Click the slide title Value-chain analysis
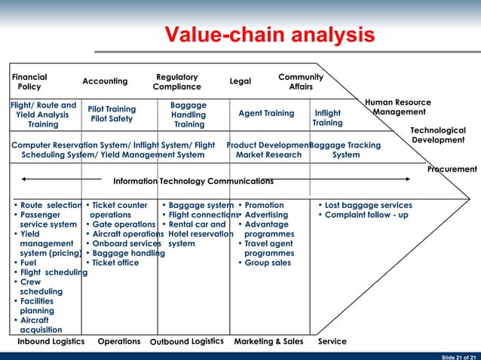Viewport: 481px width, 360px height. pyautogui.click(x=270, y=35)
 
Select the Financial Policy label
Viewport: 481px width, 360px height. pyautogui.click(x=29, y=82)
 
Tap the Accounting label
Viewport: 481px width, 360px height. pyautogui.click(x=105, y=81)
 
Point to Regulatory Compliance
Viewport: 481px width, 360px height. pyautogui.click(x=176, y=82)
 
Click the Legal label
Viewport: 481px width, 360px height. pyautogui.click(x=240, y=81)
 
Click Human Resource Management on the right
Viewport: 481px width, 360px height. pyautogui.click(x=397, y=107)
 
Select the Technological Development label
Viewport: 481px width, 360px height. pyautogui.click(x=437, y=136)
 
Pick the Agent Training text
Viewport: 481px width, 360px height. pyautogui.click(x=266, y=114)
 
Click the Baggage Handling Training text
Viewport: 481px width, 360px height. pyautogui.click(x=188, y=114)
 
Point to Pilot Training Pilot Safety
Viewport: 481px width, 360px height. pyautogui.click(x=112, y=114)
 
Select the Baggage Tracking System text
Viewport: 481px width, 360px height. pyautogui.click(x=345, y=150)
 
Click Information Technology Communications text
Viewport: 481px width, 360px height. pyautogui.click(x=193, y=182)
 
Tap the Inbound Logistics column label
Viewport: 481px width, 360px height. pyautogui.click(x=51, y=342)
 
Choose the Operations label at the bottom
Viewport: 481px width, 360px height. pyautogui.click(x=119, y=342)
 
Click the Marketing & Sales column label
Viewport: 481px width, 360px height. pyautogui.click(x=268, y=342)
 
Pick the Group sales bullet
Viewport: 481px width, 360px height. pyautogui.click(x=268, y=264)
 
